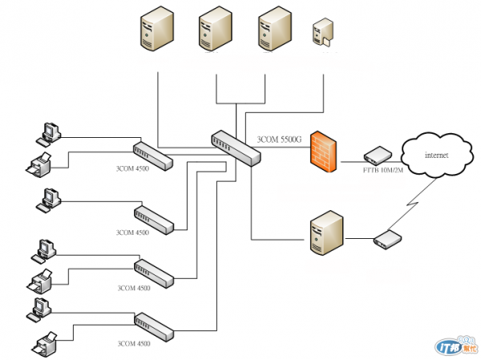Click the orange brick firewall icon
(322, 149)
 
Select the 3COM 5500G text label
(279, 140)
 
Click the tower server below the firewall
(326, 233)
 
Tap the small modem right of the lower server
(388, 239)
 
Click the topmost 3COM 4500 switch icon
(153, 154)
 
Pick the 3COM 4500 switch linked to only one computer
(153, 218)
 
